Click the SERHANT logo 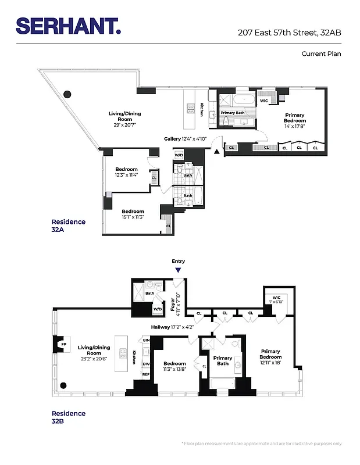[69, 26]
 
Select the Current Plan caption [321, 53]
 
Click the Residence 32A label [68, 226]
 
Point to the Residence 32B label [68, 417]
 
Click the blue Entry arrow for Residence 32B [178, 270]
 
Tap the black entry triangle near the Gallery [218, 152]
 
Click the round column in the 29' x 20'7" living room [67, 94]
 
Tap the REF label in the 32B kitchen [146, 375]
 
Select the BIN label [146, 341]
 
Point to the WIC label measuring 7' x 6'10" [276, 299]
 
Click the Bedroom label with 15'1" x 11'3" [133, 214]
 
